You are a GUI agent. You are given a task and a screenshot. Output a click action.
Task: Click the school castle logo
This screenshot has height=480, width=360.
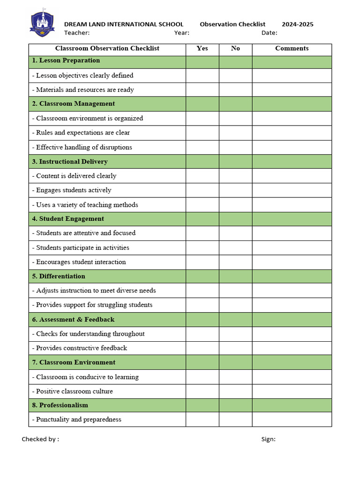click(x=42, y=23)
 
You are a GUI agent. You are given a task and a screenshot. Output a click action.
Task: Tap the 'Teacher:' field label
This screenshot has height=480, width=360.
click(x=77, y=33)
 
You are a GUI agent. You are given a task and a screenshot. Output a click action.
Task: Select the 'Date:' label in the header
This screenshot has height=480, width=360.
click(x=269, y=33)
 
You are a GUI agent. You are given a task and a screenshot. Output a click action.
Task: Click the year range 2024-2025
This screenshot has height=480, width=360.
click(x=297, y=24)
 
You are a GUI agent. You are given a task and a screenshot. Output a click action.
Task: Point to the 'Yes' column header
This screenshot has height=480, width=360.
click(x=202, y=48)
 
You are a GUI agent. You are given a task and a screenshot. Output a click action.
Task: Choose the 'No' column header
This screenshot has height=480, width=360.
click(x=235, y=48)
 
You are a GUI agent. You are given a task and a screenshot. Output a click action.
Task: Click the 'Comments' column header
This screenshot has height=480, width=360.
click(x=292, y=48)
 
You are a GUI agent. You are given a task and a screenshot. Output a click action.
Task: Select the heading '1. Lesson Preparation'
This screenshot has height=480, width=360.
click(x=66, y=60)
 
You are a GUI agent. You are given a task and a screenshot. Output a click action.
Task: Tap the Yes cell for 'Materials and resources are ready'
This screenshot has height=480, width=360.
click(x=202, y=90)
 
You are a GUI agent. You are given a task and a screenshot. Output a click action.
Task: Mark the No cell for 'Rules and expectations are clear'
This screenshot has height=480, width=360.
click(x=235, y=133)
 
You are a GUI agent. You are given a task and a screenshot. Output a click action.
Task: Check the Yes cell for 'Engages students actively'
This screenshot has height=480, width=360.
click(x=202, y=190)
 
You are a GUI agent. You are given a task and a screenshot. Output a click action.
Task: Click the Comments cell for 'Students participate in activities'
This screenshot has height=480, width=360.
click(x=292, y=247)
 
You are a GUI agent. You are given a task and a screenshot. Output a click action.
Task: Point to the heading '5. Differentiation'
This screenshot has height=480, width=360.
click(x=59, y=276)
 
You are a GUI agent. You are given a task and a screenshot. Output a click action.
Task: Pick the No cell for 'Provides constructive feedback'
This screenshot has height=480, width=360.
click(x=235, y=348)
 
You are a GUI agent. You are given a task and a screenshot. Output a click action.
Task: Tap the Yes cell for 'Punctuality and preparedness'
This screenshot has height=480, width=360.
click(x=202, y=420)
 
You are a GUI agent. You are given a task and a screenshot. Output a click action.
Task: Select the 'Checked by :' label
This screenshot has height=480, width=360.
click(x=40, y=439)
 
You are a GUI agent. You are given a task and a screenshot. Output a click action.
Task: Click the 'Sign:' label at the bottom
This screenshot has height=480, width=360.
click(x=268, y=439)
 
